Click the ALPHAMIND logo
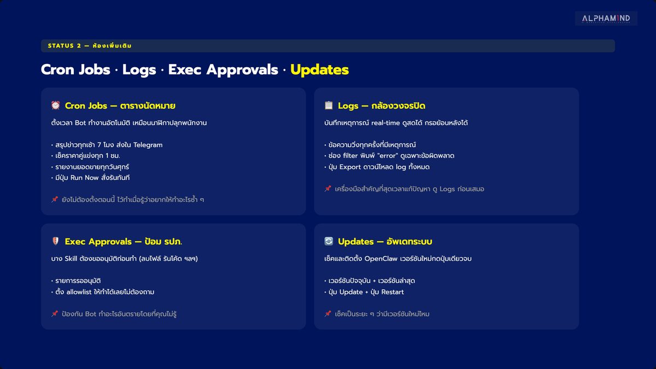606,19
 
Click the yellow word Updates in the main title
319,70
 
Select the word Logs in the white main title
139,70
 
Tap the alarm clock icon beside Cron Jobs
55,105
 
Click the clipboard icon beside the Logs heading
329,105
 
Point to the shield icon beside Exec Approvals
55,241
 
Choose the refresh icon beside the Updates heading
329,241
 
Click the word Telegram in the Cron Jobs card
148,145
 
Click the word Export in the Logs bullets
350,167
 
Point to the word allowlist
79,292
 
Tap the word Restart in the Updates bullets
393,292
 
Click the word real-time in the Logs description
385,123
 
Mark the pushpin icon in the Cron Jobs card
55,199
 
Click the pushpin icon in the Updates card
328,313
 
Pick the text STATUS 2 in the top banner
65,46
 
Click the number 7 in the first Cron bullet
99,145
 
